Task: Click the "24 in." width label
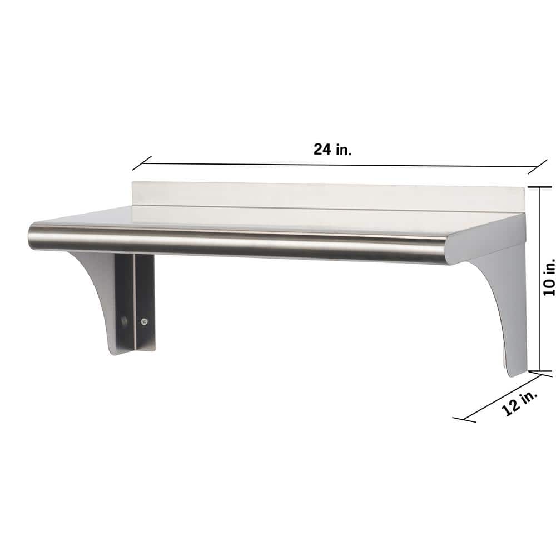click(x=332, y=150)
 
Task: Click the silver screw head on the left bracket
click(x=145, y=321)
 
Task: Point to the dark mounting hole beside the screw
click(x=125, y=321)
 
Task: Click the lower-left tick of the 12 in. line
click(x=463, y=418)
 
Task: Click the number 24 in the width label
click(x=322, y=150)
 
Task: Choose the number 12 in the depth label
click(x=510, y=408)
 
